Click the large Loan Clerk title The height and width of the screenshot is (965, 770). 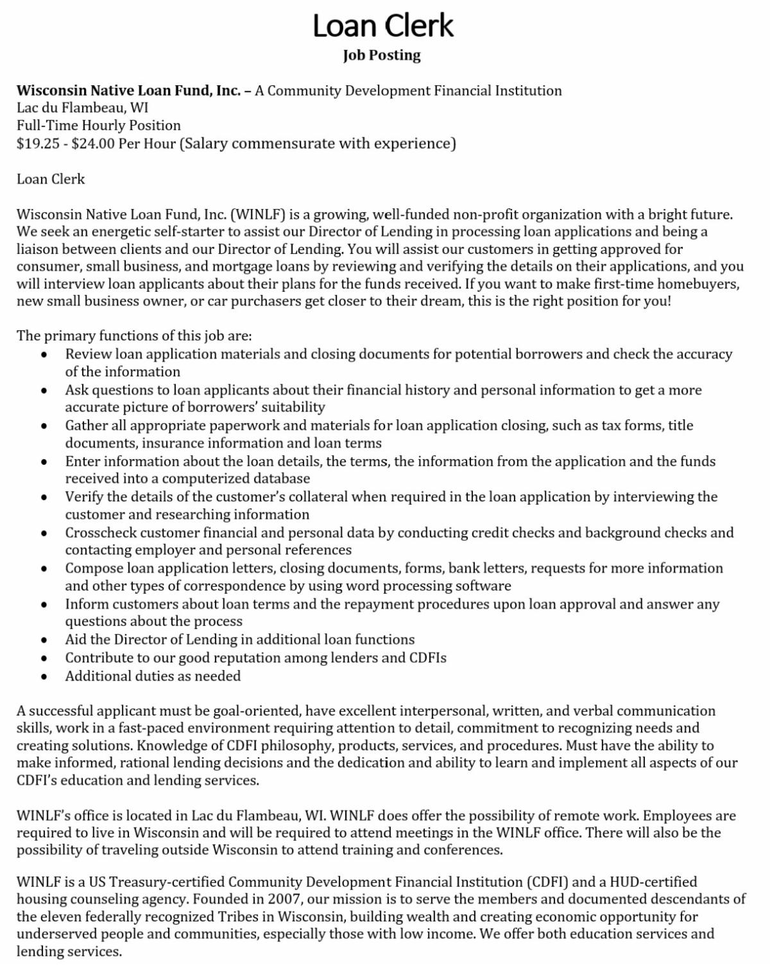tap(383, 26)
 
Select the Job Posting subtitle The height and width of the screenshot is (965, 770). tap(382, 55)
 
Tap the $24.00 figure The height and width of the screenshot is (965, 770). tap(94, 143)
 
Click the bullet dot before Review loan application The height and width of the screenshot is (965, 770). tap(44, 355)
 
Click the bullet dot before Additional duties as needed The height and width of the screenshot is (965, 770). tap(44, 676)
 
